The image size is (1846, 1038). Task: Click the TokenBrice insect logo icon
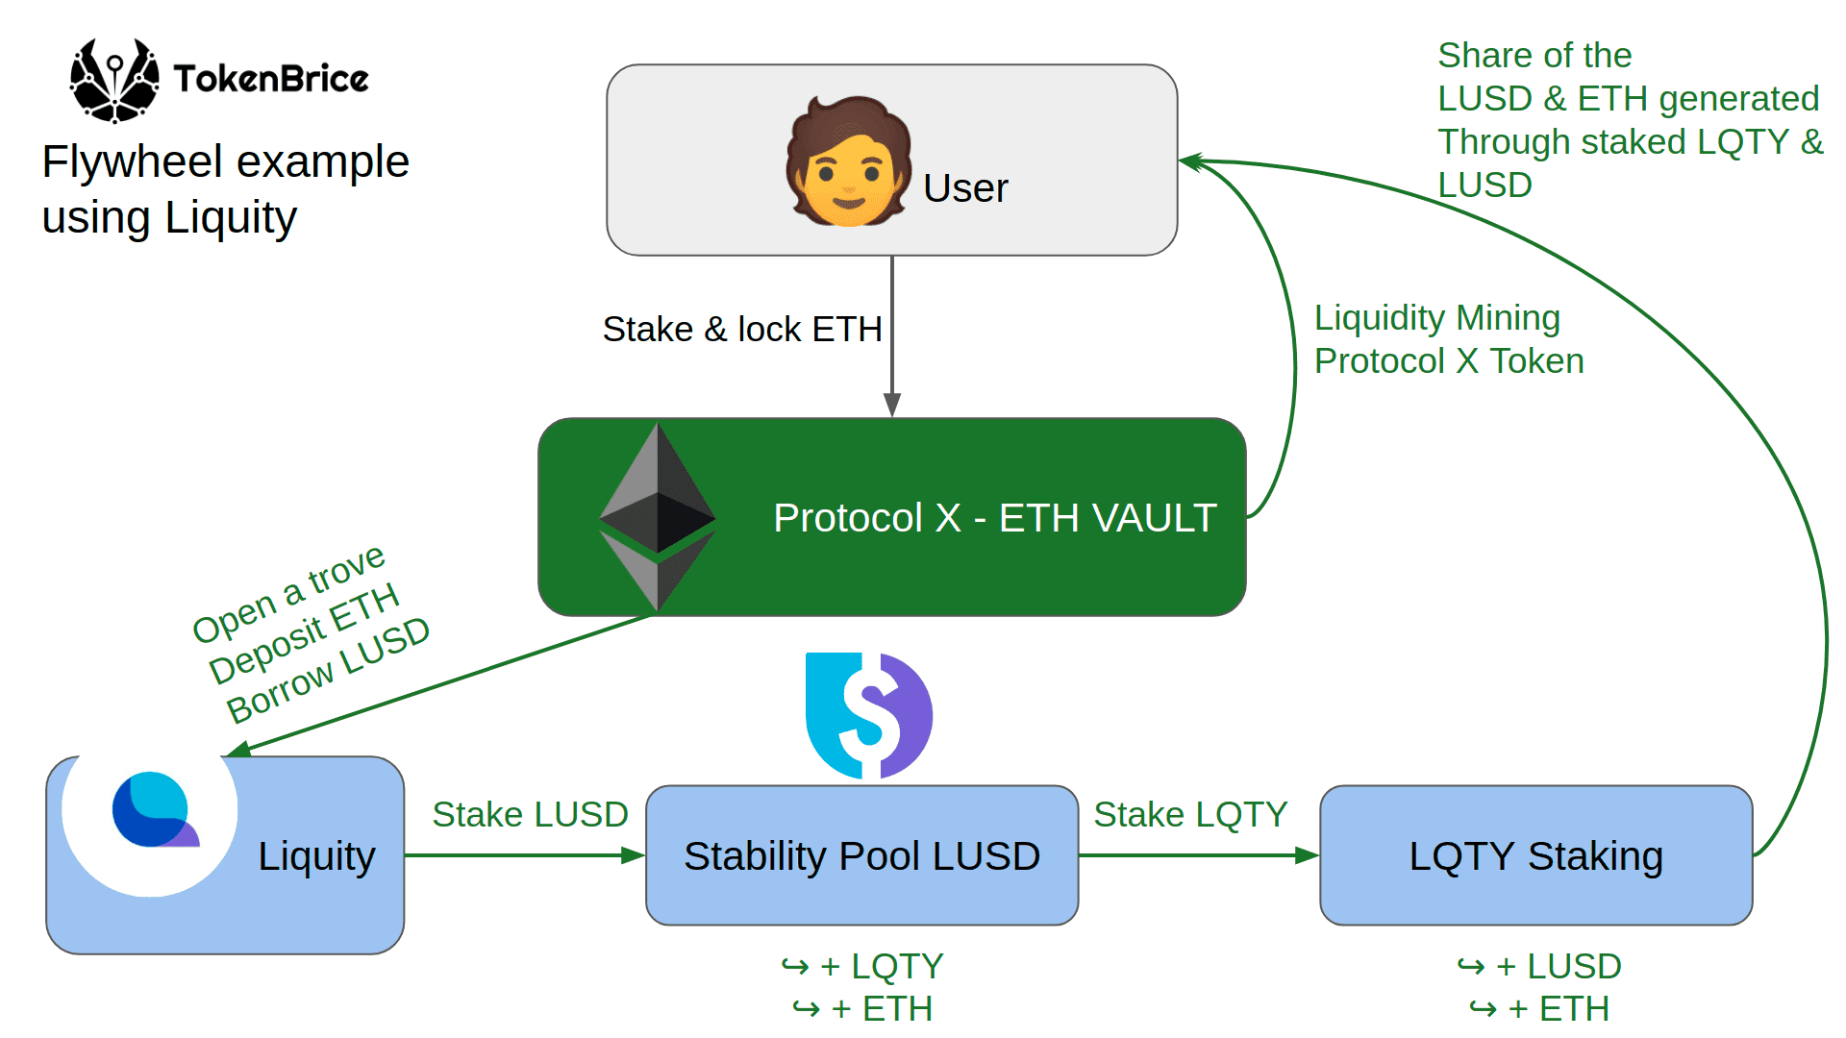114,81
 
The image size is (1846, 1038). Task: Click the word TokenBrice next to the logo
270,79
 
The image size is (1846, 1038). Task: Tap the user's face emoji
848,162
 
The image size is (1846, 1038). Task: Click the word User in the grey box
964,188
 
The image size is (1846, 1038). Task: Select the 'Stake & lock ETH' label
741,330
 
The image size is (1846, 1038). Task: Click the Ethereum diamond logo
657,517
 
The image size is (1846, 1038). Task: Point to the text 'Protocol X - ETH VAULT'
994,518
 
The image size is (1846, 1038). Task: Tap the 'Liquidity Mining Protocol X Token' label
1447,339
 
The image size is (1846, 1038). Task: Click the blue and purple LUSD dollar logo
868,715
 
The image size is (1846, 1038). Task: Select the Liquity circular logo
152,810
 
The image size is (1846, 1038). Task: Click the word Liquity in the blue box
316,855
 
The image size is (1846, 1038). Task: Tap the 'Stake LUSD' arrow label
530,815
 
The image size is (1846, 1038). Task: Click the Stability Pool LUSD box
861,855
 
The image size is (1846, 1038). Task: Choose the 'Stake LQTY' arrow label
1189,815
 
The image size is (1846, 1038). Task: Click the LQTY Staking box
1535,855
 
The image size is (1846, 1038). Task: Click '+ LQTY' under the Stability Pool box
881,966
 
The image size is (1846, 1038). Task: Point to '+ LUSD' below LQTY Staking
1558,966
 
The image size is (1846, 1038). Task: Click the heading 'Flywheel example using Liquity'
225,189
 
